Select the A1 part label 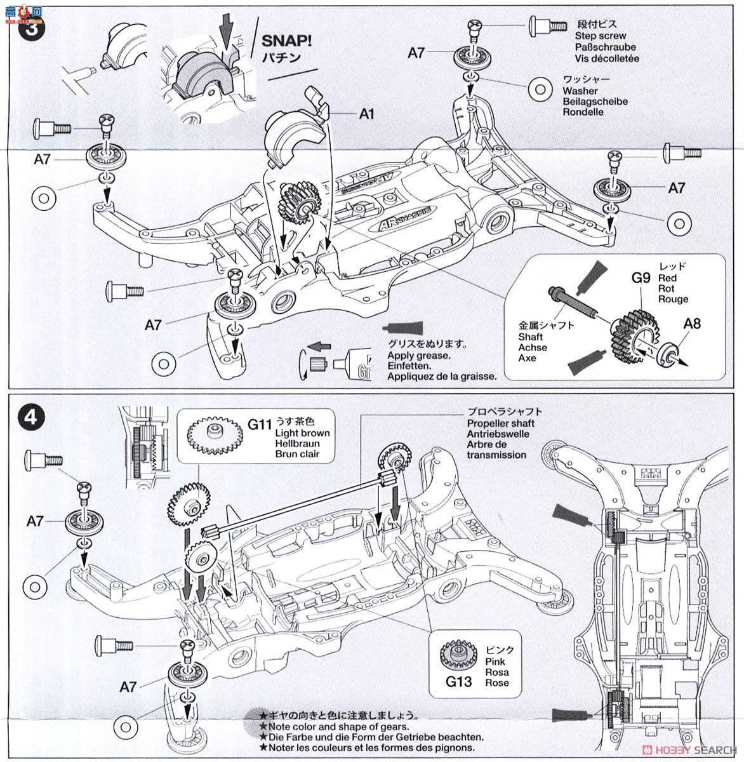click(367, 114)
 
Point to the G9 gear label click(641, 277)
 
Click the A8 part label click(693, 323)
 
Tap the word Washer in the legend click(580, 91)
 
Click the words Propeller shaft click(500, 423)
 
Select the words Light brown click(302, 433)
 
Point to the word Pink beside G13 click(496, 661)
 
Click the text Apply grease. click(418, 356)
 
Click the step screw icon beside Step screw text click(548, 25)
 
